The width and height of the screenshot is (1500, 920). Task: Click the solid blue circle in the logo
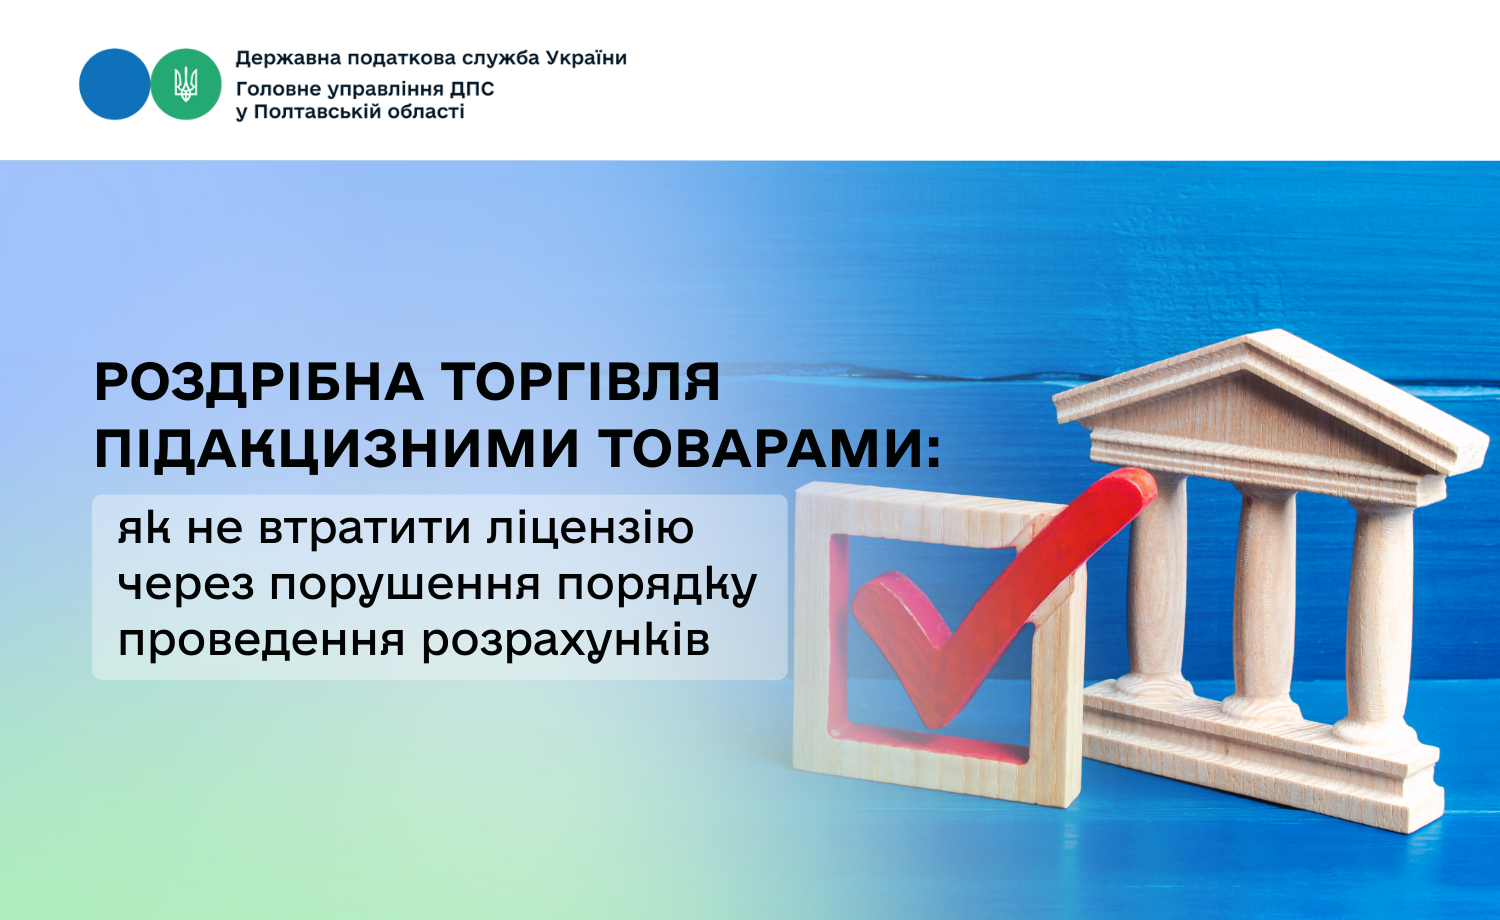115,84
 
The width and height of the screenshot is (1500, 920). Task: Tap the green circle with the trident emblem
185,84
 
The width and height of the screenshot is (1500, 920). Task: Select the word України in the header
587,58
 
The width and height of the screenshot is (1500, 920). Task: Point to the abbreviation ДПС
472,88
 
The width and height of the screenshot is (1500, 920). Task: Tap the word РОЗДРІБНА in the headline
259,383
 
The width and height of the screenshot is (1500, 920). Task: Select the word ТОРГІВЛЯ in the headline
583,382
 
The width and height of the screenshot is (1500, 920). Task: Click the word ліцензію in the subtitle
590,528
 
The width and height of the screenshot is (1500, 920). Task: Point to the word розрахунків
566,641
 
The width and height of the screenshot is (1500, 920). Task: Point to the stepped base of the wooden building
1258,757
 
